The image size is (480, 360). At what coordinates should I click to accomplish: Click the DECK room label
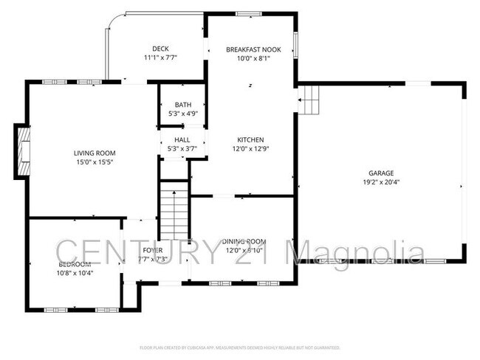point(160,49)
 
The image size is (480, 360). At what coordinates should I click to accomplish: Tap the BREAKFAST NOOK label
point(250,49)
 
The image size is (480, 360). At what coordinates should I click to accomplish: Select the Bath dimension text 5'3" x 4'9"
point(182,114)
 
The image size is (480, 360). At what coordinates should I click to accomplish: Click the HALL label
point(182,140)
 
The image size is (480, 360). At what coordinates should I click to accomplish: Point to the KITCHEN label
point(250,139)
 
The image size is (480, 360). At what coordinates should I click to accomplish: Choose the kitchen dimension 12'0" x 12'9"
point(250,148)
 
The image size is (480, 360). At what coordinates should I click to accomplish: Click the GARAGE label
point(380,173)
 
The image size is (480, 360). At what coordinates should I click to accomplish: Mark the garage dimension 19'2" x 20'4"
point(380,181)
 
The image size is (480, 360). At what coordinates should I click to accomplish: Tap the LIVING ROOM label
point(93,153)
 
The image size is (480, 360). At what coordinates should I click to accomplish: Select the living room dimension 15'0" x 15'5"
point(93,162)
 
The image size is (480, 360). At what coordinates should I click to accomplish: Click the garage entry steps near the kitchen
point(309,99)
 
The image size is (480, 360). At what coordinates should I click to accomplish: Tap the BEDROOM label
point(75,264)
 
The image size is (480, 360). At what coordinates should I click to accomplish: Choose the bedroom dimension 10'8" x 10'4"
point(75,273)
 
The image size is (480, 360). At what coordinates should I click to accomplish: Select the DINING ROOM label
point(244,241)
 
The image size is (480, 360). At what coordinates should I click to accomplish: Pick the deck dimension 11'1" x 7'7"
point(160,58)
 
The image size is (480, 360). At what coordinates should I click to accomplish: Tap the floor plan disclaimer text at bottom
point(240,347)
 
